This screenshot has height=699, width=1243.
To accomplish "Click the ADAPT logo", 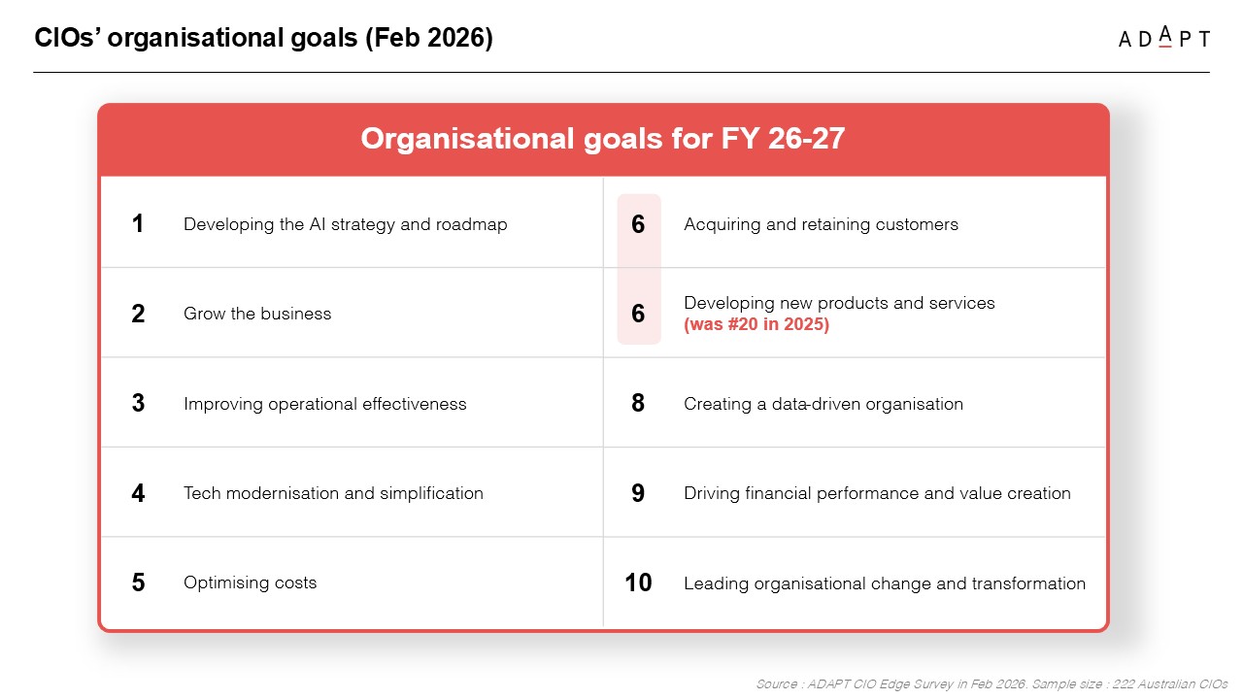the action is pos(1163,37).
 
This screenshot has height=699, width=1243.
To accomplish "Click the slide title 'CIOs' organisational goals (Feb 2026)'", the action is pos(263,38).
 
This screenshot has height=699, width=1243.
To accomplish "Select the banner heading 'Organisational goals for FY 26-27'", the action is pos(603,138).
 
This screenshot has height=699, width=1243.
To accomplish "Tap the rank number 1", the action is pos(138,223).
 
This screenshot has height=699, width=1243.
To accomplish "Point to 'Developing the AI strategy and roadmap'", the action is pos(345,224).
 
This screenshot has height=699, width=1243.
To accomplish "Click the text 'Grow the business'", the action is pos(257,314).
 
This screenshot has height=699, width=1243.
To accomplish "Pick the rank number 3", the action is pos(138,403).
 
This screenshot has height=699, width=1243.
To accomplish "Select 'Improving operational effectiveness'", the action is pos(324,404).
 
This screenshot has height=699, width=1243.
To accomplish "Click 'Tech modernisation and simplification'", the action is pos(333,493).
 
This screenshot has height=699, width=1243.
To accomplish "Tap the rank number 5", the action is pos(138,582).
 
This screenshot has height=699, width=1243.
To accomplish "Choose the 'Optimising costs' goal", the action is pos(251,582).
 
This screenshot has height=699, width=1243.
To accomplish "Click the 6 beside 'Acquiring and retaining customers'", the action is pos(638,224).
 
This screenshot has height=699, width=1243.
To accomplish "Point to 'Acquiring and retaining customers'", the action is pos(821,224).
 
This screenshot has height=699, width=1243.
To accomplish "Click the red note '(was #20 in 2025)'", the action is pos(756,324).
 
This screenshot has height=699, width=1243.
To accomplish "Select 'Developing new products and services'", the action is pos(839,303).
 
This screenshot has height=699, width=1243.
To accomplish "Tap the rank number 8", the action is pos(638,403).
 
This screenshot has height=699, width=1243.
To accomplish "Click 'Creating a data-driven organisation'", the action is pos(823,404).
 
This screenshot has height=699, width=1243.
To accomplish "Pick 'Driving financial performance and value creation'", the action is pos(877,493).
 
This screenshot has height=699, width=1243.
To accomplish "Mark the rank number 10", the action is pos(638,582).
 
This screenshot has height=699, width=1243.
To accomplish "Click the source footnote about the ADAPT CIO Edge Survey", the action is pos(991,684).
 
